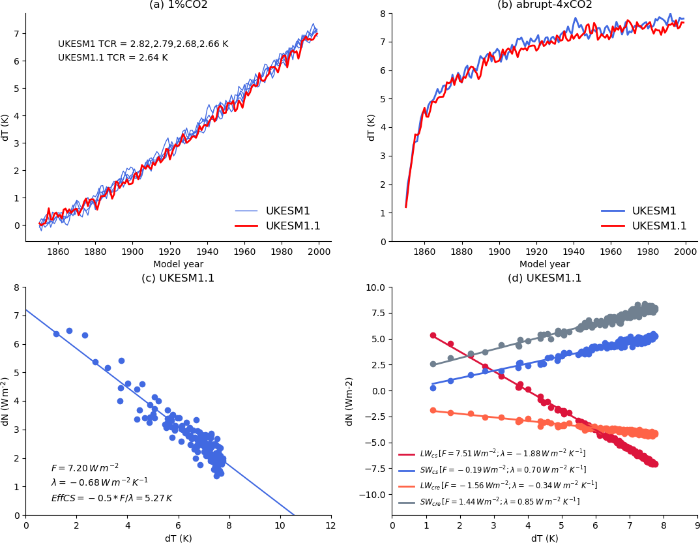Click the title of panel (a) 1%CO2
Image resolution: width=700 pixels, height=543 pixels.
pos(178,5)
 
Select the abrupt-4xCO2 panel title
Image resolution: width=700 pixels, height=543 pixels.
pos(544,5)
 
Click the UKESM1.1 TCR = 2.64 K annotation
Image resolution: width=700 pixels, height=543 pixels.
pos(113,58)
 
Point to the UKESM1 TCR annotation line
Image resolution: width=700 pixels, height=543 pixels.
pos(143,44)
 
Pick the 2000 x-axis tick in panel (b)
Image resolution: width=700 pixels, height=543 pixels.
pos(685,251)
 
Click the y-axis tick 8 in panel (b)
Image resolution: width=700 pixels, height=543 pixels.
pos(383,13)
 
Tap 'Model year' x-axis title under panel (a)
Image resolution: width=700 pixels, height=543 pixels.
pos(178,265)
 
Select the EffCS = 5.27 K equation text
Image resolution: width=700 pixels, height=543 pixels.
pos(111,498)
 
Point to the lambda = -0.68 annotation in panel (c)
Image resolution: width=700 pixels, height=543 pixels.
pos(99,482)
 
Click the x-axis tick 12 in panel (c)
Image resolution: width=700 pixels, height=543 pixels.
pos(330,525)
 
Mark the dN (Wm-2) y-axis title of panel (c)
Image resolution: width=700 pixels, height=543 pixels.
pos(6,401)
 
